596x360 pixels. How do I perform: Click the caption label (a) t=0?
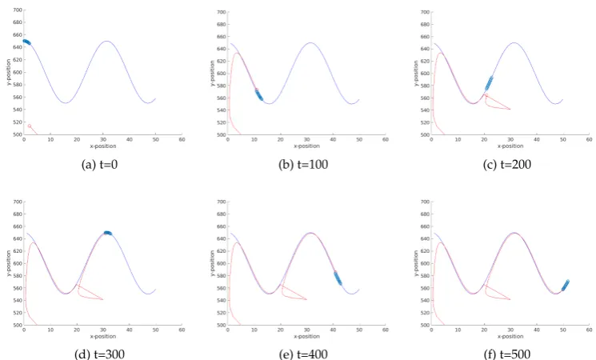click(99, 165)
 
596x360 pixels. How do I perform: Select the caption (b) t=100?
click(303, 165)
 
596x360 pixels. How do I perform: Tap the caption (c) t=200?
click(506, 165)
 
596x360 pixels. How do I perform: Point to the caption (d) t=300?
click(99, 354)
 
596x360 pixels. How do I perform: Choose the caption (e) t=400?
click(303, 354)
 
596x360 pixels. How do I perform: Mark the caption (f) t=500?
click(506, 354)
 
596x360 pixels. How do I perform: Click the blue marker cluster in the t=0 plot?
click(26, 42)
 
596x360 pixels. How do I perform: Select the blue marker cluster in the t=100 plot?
click(258, 95)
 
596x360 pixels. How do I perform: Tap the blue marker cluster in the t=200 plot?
click(489, 83)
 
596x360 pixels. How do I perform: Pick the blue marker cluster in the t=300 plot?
click(108, 233)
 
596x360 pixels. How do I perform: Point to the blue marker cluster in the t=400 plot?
click(338, 278)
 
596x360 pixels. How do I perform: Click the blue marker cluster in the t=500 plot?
click(566, 286)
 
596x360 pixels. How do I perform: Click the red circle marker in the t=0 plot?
click(30, 126)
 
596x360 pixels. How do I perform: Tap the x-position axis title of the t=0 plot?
click(103, 146)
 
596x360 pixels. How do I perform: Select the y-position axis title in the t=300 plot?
click(8, 263)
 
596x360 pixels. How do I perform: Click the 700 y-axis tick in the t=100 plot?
click(222, 12)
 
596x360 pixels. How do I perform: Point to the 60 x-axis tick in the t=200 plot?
click(589, 139)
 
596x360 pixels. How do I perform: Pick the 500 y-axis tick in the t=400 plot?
click(222, 325)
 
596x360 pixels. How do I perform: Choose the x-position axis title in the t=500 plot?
click(510, 337)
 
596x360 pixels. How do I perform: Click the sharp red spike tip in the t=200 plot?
click(510, 109)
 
